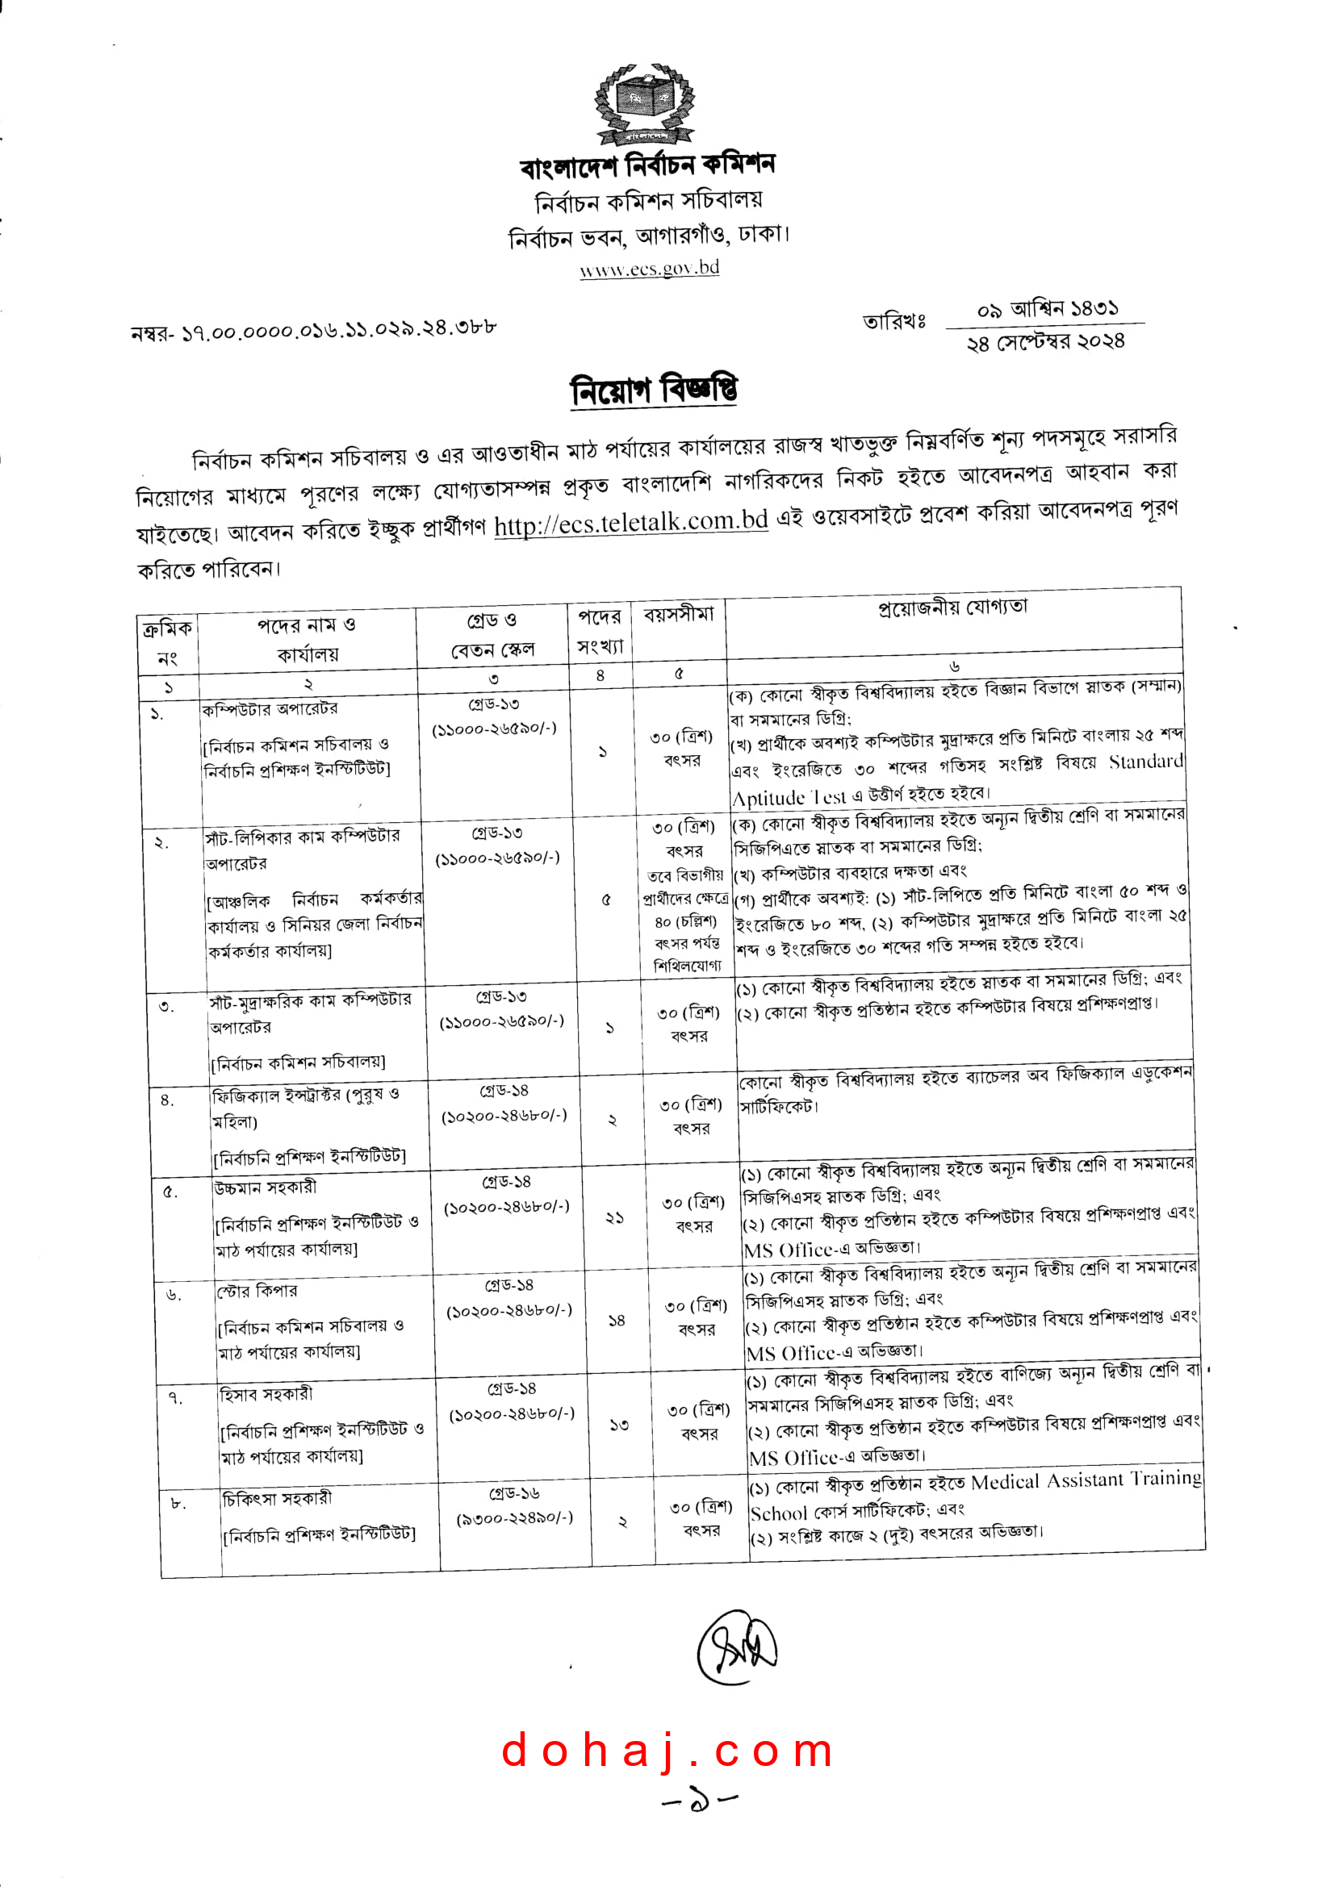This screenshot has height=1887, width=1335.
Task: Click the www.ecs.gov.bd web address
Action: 650,268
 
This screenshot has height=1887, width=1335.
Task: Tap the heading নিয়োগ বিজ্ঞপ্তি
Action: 654,390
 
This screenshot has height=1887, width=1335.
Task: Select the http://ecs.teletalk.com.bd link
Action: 630,523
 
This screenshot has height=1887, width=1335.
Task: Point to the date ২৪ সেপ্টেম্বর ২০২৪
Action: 1044,342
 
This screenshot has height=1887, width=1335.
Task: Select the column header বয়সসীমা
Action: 678,615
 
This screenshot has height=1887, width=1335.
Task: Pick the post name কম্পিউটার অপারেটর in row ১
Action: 270,709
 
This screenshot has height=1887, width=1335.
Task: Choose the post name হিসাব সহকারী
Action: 266,1394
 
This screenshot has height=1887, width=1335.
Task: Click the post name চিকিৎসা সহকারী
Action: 277,1498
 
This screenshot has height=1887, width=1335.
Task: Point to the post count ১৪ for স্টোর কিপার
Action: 617,1321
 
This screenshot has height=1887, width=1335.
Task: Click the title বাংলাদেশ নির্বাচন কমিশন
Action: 647,165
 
